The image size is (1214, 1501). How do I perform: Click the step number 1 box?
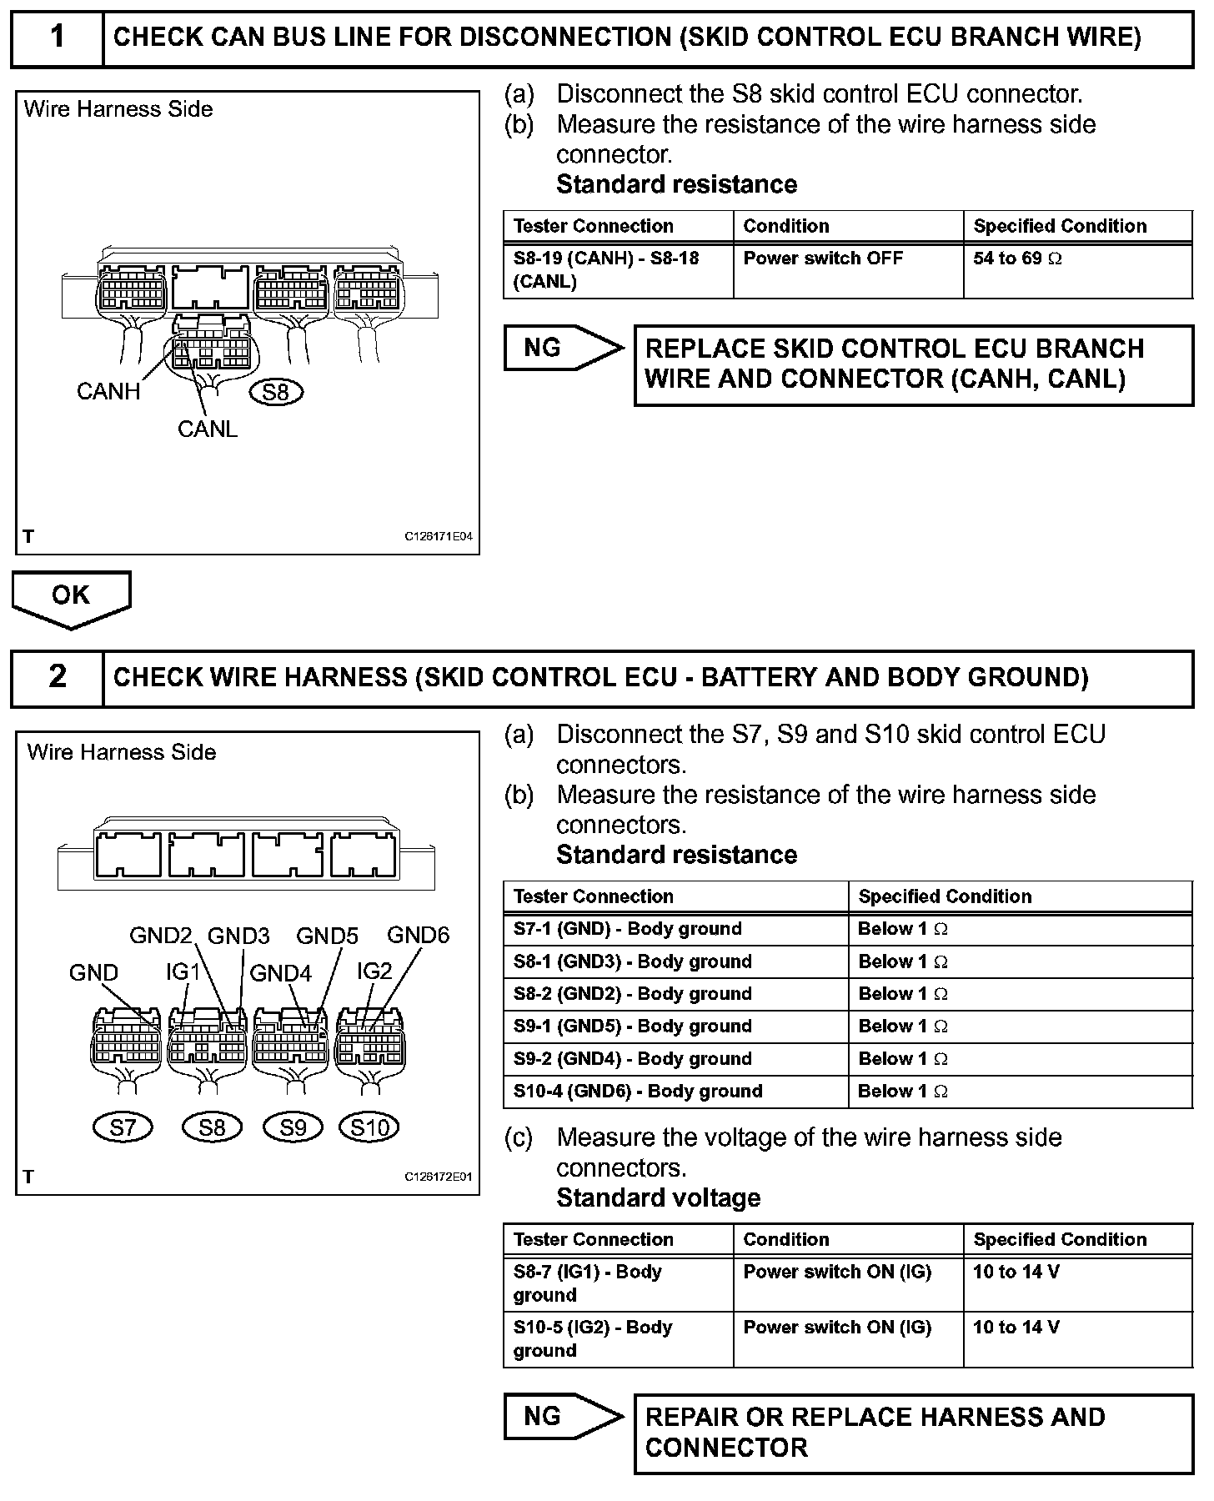click(57, 38)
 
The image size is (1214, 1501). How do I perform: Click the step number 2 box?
click(57, 677)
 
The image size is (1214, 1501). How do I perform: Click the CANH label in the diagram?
click(108, 391)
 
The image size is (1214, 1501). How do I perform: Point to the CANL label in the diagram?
click(208, 429)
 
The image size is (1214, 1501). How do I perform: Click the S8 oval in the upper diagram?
click(275, 391)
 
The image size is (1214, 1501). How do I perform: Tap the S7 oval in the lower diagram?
click(123, 1127)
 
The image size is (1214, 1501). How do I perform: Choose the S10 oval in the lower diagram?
click(369, 1127)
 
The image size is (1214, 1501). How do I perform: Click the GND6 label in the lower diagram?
click(419, 935)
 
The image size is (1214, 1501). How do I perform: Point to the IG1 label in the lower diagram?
click(183, 971)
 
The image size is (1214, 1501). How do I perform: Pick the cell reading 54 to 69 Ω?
click(1077, 270)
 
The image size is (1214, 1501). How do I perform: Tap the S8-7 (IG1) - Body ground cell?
click(618, 1283)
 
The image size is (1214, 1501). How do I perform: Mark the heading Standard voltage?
click(658, 1198)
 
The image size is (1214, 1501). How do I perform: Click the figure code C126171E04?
click(439, 537)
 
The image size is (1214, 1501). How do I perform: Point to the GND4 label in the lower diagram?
click(280, 972)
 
